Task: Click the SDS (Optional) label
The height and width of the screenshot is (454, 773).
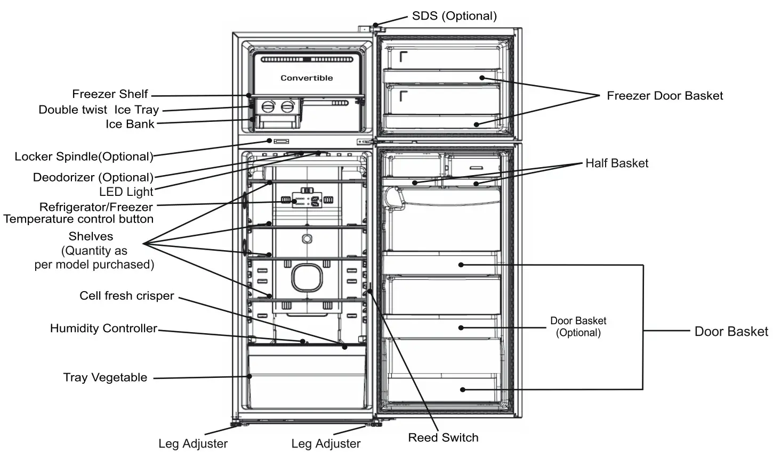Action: pos(454,16)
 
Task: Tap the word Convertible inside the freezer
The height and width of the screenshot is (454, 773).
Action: pos(307,78)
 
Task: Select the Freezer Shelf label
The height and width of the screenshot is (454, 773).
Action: pos(110,94)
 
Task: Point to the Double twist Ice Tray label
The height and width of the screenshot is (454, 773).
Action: pos(99,110)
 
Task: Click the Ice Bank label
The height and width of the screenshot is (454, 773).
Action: pos(130,124)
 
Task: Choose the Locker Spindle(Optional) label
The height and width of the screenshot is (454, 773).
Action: pos(84,156)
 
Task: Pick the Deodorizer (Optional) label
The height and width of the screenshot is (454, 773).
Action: pos(93,177)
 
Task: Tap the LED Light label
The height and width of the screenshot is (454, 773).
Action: pos(126,192)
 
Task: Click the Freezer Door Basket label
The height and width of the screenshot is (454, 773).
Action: pos(665,96)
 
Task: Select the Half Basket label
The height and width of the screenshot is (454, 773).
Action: pos(617,163)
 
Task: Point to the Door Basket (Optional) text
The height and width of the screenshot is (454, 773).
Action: pos(578,327)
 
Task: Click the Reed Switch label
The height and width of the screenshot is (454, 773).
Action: pos(443,438)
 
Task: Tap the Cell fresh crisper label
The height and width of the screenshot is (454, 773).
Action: pos(126,296)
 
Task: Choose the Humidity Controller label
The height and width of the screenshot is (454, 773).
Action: pos(103,328)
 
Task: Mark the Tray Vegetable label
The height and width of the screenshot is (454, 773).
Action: pos(105,377)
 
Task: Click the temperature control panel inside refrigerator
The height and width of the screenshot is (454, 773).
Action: pos(307,201)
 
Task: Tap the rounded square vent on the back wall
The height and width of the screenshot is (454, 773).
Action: pos(307,278)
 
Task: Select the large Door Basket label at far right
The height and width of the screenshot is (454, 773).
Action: pos(731,332)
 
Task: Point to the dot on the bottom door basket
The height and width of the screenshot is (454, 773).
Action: pos(462,390)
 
